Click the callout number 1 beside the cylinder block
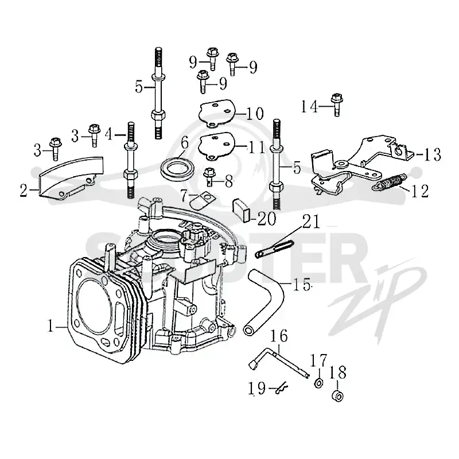pyautogui.click(x=51, y=326)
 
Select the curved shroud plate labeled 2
pyautogui.click(x=70, y=178)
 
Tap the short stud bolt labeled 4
pyautogui.click(x=130, y=160)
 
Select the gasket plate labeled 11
pyautogui.click(x=217, y=146)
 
